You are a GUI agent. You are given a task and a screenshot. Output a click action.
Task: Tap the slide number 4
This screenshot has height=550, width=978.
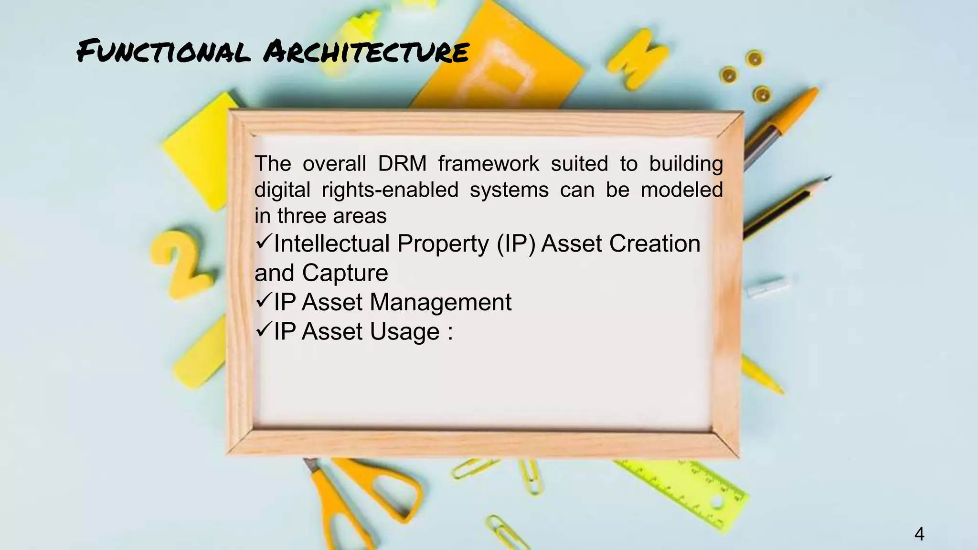[x=919, y=534]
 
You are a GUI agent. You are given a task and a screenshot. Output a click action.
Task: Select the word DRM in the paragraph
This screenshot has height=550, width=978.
[x=402, y=164]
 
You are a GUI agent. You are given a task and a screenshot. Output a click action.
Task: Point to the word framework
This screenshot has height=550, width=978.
[x=489, y=164]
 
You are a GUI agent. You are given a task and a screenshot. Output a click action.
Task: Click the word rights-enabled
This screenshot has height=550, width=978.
[x=390, y=190]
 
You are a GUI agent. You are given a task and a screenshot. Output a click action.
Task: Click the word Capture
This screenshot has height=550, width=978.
[x=345, y=273]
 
